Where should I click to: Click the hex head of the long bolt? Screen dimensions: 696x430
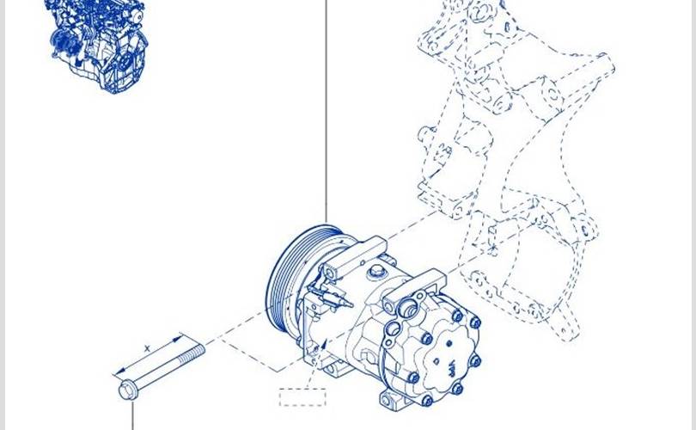[x=127, y=390]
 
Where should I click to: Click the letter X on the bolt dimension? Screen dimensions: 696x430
[x=148, y=349]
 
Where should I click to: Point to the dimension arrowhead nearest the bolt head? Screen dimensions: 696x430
[x=119, y=372]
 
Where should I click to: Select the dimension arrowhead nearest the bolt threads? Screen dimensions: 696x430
[x=178, y=338]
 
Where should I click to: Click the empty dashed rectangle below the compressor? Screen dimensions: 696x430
[x=302, y=397]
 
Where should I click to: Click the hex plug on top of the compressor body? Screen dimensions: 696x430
[x=376, y=271]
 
